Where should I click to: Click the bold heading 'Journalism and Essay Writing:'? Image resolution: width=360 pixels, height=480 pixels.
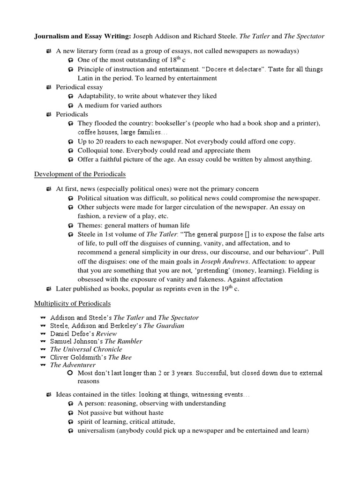[x=83, y=36]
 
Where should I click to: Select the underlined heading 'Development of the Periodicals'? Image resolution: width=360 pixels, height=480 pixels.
[x=80, y=174]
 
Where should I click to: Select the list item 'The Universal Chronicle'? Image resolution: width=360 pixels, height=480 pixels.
[x=86, y=349]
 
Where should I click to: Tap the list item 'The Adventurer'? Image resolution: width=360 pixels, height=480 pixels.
[x=73, y=365]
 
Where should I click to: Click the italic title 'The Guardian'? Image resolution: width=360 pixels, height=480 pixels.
[x=164, y=325]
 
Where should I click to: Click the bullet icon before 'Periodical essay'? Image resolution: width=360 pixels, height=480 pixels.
[x=49, y=87]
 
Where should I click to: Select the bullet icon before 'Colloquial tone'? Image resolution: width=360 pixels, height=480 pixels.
[x=70, y=150]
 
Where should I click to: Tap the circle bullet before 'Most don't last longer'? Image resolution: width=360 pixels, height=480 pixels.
[x=70, y=373]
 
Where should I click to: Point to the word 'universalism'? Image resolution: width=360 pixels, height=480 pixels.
[x=96, y=430]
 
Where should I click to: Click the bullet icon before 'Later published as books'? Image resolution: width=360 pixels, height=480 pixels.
[x=49, y=288]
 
